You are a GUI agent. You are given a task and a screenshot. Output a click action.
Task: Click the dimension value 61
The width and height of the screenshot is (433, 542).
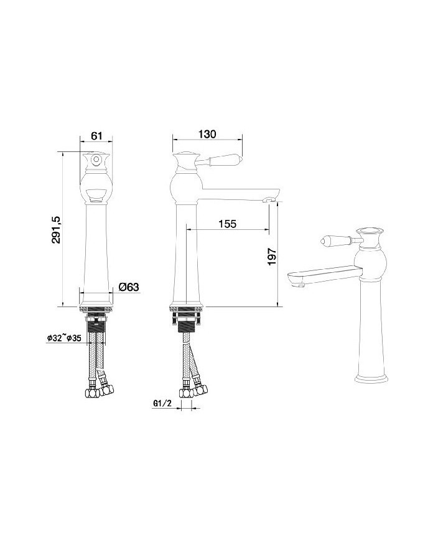96,136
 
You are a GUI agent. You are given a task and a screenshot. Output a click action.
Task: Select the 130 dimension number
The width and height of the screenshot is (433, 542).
207,134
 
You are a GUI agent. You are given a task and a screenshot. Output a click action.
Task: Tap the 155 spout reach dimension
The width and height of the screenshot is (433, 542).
228,224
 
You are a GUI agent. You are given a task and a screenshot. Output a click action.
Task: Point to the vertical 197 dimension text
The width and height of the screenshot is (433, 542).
272,256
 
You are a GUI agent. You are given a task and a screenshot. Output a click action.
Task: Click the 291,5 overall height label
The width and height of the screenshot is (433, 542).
56,229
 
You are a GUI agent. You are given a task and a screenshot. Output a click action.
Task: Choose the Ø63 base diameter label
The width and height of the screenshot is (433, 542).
128,287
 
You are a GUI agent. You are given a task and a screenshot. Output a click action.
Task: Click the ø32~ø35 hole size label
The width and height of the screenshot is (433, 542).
64,338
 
